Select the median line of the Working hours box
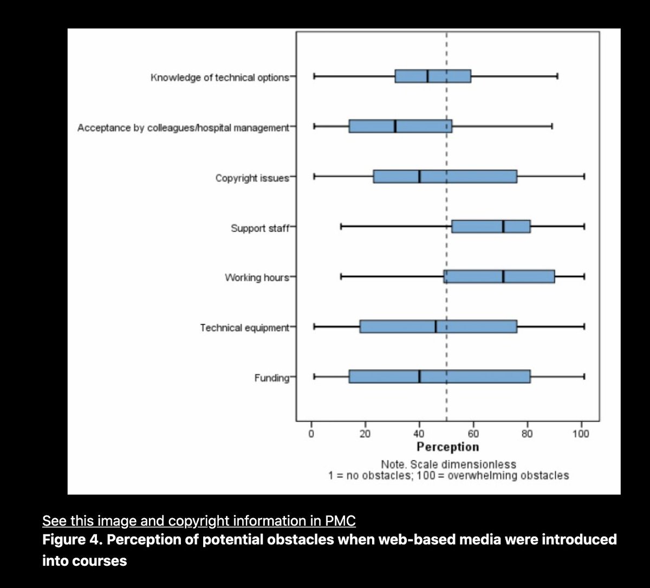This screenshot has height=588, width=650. tap(503, 277)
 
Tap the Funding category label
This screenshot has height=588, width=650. tap(272, 378)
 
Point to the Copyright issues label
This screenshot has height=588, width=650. tap(252, 178)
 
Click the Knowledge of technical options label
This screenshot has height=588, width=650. tap(220, 77)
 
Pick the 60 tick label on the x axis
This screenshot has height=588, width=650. tap(473, 434)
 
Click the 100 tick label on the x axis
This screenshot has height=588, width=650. tap(581, 434)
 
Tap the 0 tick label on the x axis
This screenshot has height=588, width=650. tap(311, 434)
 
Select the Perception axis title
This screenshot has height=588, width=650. tap(447, 447)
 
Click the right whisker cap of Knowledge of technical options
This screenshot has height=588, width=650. tap(557, 76)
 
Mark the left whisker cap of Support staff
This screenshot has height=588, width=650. tap(341, 227)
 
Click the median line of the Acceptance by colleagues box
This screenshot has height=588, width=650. tap(395, 126)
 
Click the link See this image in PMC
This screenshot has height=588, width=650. tap(199, 521)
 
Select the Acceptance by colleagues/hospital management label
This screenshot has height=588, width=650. tap(183, 128)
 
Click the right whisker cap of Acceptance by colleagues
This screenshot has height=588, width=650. tap(552, 126)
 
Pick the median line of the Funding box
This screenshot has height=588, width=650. tap(419, 377)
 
